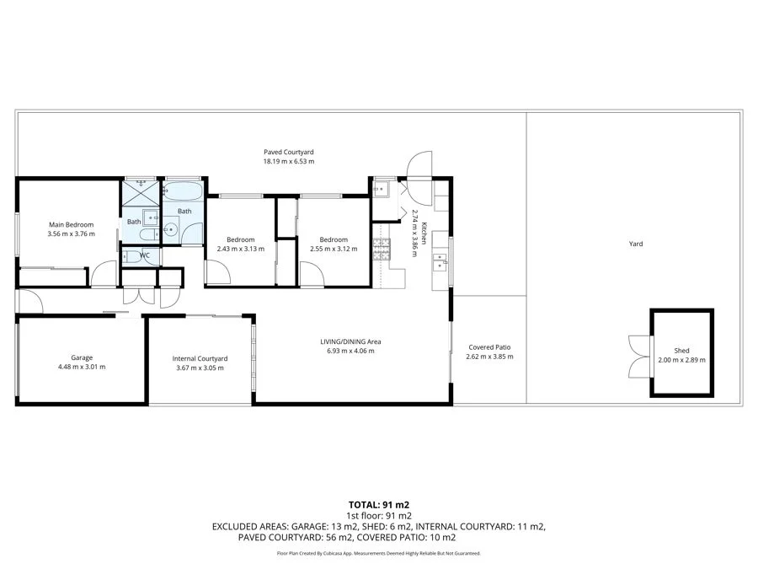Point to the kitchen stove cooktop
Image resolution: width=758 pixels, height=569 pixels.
382,247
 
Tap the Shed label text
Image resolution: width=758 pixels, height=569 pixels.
681,351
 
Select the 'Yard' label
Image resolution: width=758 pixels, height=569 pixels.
636,244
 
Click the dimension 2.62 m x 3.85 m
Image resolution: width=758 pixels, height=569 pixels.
489,357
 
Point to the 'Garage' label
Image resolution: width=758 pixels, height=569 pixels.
82,357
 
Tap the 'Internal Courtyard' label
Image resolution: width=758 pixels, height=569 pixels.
200,358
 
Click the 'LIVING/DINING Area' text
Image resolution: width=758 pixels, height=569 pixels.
350,341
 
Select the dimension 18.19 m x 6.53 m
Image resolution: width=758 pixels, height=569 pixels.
288,161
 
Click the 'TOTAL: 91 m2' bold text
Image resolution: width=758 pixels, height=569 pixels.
379,504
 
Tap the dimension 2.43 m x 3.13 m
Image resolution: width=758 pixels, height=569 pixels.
235,249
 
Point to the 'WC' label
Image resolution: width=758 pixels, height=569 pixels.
145,255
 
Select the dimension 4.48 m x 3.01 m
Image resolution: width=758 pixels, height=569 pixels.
82,367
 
